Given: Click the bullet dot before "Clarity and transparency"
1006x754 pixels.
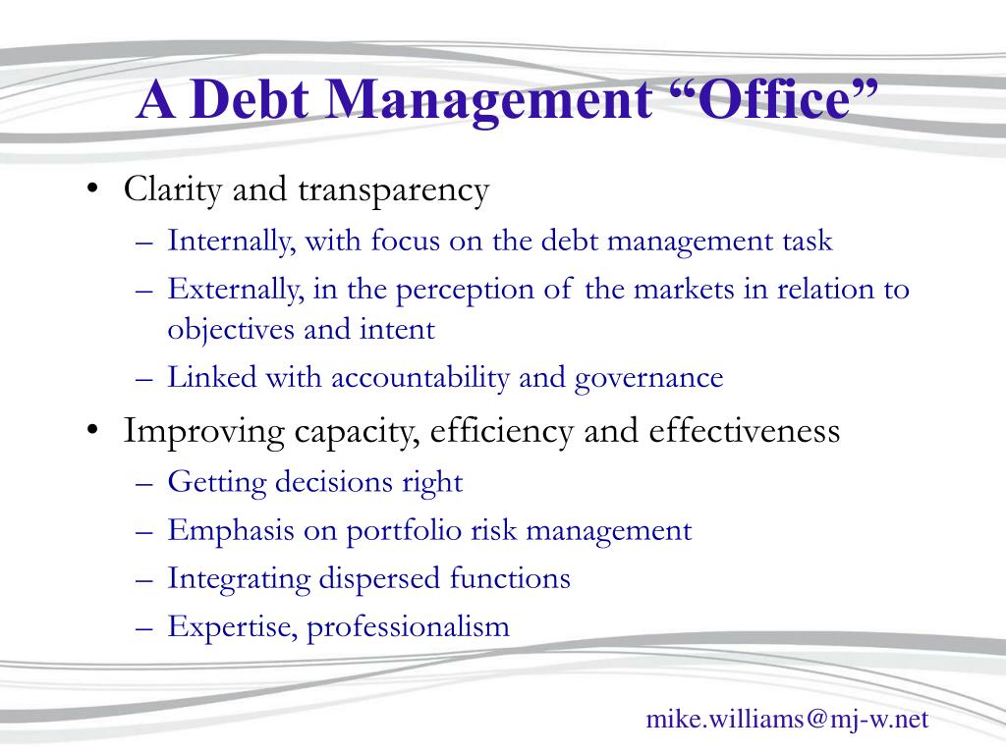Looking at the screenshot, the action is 93,188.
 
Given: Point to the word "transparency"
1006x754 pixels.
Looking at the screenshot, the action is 393,191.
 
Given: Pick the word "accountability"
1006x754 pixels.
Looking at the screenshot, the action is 419,378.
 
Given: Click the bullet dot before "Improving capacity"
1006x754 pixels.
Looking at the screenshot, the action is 93,430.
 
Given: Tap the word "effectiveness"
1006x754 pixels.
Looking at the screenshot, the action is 745,430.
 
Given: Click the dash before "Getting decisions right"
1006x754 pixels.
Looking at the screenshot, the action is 144,483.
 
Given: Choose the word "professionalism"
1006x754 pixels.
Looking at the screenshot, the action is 408,627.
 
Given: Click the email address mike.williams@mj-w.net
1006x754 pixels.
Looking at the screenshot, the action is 787,720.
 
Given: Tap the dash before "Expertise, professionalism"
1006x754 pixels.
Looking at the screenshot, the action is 144,627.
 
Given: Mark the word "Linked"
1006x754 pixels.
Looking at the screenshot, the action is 212,377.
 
